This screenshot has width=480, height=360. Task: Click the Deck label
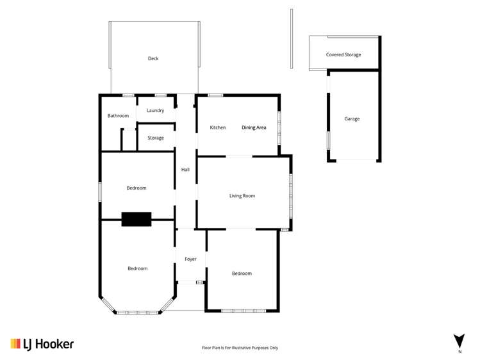[x=153, y=59]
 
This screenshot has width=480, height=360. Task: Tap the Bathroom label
[x=118, y=116]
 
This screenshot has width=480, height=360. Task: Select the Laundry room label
[x=155, y=111]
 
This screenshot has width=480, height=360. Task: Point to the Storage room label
[x=156, y=138]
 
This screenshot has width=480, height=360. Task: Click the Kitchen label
[x=218, y=127]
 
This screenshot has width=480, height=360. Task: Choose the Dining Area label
[x=254, y=127]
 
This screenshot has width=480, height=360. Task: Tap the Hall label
[x=185, y=170]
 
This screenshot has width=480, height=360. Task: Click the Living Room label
[x=242, y=195]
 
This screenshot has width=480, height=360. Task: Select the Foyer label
[x=190, y=259]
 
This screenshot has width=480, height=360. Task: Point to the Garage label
[x=352, y=119]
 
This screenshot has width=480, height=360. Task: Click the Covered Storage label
[x=343, y=55]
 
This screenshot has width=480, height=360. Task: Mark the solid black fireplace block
[x=137, y=219]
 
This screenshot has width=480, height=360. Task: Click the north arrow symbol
[x=459, y=341]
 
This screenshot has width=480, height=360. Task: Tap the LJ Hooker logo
[x=42, y=344]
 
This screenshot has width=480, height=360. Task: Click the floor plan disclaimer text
[x=240, y=348]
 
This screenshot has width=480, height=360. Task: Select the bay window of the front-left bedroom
[x=137, y=312]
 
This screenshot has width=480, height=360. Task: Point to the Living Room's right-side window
[x=291, y=195]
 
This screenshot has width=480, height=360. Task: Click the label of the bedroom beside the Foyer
[x=242, y=274]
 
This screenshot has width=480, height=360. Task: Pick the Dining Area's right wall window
[x=279, y=127]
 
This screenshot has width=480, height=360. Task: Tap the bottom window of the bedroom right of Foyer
[x=242, y=311]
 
